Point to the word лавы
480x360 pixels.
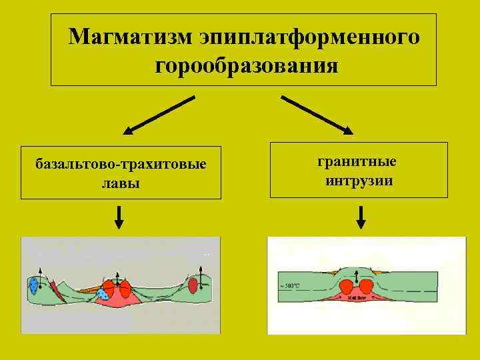[x=121, y=182]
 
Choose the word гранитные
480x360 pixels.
[x=357, y=161]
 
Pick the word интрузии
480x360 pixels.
[x=359, y=180]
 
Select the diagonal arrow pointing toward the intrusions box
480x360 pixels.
[x=317, y=114]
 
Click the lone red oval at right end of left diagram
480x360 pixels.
[x=193, y=286]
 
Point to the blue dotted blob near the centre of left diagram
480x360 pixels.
[x=103, y=293]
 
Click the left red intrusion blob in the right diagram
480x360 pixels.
[x=347, y=287]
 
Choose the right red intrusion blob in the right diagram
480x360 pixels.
[x=365, y=287]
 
